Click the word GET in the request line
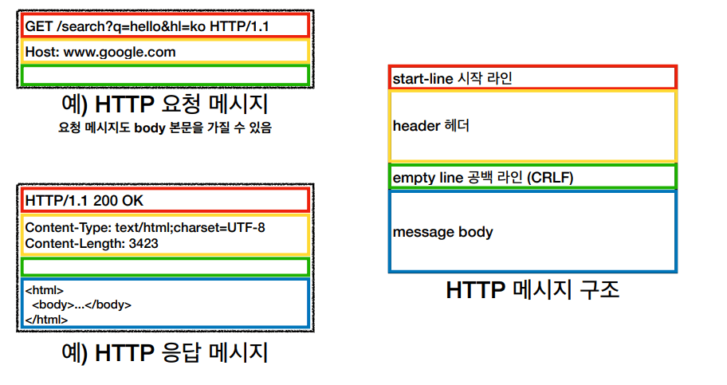pyautogui.click(x=39, y=26)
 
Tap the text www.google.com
pyautogui.click(x=120, y=52)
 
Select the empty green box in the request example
pyautogui.click(x=165, y=75)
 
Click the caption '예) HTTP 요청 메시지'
pyautogui.click(x=164, y=104)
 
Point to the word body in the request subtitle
pyautogui.click(x=150, y=128)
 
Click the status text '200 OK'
pyautogui.click(x=118, y=201)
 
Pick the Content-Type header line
pyautogui.click(x=145, y=228)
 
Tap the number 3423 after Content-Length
pyautogui.click(x=143, y=244)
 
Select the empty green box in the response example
pyautogui.click(x=165, y=267)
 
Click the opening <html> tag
pyautogui.click(x=45, y=290)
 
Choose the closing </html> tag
pyautogui.click(x=46, y=320)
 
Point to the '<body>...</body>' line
pyautogui.click(x=81, y=304)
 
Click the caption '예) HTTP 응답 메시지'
pyautogui.click(x=164, y=352)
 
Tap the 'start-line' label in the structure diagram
pyautogui.click(x=422, y=79)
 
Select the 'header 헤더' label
pyautogui.click(x=430, y=126)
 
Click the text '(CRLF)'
pyautogui.click(x=550, y=178)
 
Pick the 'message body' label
pyautogui.click(x=442, y=232)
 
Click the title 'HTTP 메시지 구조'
pyautogui.click(x=532, y=290)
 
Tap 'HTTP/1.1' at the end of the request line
pyautogui.click(x=239, y=26)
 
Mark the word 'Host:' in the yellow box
pyautogui.click(x=42, y=52)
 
